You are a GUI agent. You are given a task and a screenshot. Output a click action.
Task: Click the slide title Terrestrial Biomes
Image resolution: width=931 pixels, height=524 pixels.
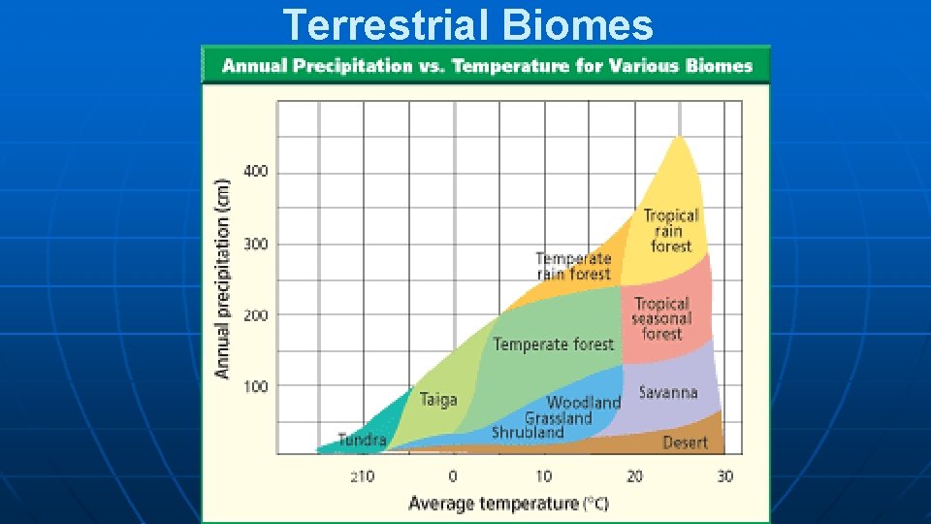click(468, 24)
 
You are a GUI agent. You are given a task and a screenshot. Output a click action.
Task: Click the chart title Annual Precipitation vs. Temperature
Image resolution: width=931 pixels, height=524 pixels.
click(487, 66)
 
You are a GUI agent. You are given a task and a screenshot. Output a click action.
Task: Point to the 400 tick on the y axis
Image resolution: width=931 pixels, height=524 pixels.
click(256, 172)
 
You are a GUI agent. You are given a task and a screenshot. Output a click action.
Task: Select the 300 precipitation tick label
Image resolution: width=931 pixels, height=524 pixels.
click(256, 245)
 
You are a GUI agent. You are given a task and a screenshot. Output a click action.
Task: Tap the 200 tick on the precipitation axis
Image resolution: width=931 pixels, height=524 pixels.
click(256, 315)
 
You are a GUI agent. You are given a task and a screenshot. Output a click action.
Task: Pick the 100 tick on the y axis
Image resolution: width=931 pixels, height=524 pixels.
click(256, 386)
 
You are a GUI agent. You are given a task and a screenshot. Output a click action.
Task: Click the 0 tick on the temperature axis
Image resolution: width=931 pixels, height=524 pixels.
click(453, 476)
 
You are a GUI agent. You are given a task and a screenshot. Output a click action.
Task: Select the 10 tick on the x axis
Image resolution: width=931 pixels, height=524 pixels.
click(544, 476)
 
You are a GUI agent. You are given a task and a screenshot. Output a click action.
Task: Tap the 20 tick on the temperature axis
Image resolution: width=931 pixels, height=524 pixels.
click(635, 476)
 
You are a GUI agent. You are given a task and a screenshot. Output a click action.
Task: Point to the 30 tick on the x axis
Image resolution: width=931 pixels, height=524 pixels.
click(725, 476)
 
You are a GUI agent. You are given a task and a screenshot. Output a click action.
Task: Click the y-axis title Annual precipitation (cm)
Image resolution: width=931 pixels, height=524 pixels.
click(223, 278)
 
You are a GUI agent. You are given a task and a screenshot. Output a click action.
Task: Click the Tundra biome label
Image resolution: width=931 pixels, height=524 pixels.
click(362, 440)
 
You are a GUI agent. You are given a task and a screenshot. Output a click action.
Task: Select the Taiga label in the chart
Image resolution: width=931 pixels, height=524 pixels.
click(438, 399)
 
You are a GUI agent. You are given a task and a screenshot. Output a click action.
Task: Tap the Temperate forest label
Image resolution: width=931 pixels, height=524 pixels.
click(553, 344)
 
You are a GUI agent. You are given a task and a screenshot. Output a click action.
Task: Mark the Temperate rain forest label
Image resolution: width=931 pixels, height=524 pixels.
click(574, 266)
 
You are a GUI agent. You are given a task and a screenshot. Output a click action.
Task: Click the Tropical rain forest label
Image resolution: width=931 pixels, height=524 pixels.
click(671, 231)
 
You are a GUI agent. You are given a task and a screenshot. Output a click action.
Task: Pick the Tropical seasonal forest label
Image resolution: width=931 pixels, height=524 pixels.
click(661, 318)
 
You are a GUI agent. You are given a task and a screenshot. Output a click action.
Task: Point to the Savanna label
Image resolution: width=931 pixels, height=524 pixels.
click(668, 392)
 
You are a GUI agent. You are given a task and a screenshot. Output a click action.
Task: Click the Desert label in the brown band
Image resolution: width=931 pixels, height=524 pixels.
click(685, 442)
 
